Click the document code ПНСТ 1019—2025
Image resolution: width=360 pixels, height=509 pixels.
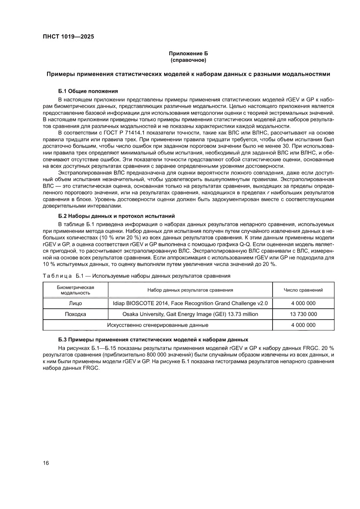68,37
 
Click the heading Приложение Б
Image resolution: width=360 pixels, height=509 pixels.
188,53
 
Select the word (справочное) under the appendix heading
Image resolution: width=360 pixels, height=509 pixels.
188,60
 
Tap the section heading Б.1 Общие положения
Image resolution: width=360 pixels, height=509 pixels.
87,91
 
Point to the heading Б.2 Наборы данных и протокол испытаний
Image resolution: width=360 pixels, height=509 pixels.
116,216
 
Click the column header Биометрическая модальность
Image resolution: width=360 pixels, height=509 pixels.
76,290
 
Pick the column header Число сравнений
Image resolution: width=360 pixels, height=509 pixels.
303,290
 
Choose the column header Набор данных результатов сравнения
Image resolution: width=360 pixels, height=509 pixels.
190,290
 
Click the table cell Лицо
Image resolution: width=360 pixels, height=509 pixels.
75,303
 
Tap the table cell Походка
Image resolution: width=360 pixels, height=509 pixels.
75,314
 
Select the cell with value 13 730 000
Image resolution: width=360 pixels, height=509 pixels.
303,314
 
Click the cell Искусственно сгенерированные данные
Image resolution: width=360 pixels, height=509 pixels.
158,325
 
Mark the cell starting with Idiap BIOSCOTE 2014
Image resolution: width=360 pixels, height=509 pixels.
190,303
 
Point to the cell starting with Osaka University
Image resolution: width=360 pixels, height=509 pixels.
190,314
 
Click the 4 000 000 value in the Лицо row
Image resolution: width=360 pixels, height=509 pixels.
303,303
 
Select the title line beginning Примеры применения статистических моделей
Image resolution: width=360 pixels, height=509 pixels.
188,74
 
